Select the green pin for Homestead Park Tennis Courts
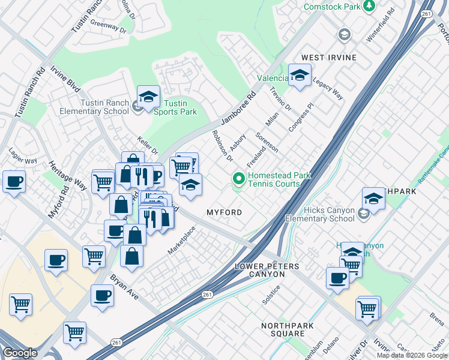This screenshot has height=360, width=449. pos(239,179)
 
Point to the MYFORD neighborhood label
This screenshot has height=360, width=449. pos(224,213)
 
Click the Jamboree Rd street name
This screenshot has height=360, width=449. pos(238,108)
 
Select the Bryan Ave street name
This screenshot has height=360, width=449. pos(125,288)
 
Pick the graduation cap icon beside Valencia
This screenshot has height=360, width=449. pos(300,75)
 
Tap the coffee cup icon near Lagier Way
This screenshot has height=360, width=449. pos(14,181)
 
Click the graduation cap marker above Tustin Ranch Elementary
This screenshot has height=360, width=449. pos(148,96)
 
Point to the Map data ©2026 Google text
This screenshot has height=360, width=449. pos(412,355)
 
